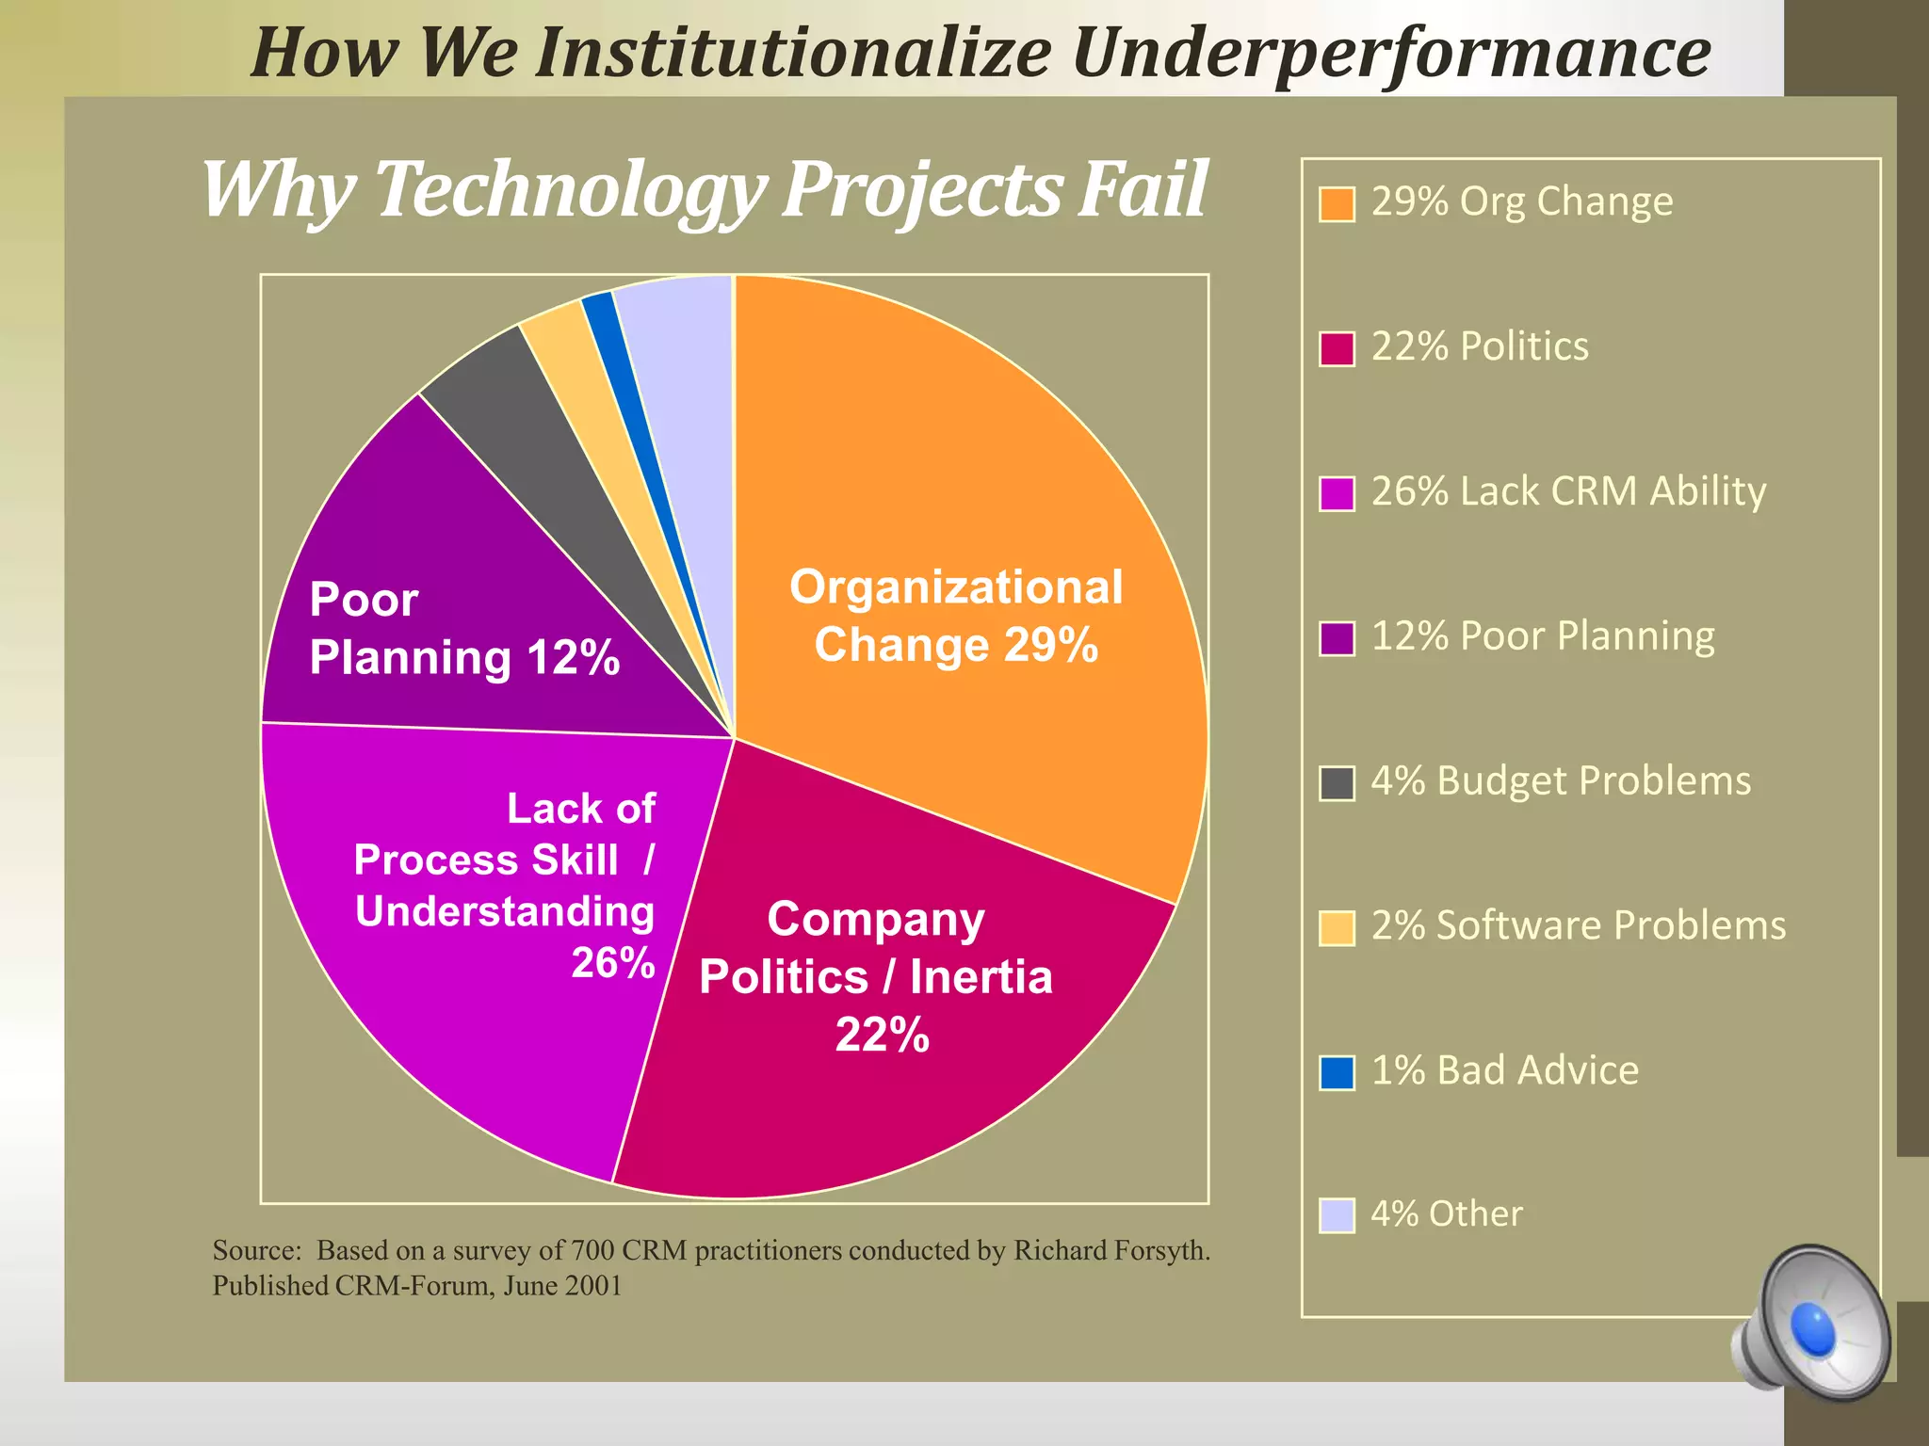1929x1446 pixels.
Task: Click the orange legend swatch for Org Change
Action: pyautogui.click(x=1337, y=203)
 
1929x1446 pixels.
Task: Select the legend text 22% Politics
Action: pyautogui.click(x=1479, y=346)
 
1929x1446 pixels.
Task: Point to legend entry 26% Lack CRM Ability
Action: pyautogui.click(x=1567, y=491)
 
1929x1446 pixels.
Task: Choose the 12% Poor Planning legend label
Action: pyautogui.click(x=1542, y=636)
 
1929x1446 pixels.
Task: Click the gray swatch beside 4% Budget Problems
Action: pyautogui.click(x=1337, y=782)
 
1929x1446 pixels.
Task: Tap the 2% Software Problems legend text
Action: pyautogui.click(x=1578, y=925)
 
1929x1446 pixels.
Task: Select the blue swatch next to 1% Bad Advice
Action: pyautogui.click(x=1337, y=1071)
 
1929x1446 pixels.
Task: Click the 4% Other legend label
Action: pyautogui.click(x=1446, y=1214)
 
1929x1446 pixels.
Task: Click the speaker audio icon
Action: pyautogui.click(x=1813, y=1323)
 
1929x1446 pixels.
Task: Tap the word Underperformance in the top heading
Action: pyautogui.click(x=1390, y=52)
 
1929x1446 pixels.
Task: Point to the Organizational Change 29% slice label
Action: pyautogui.click(x=956, y=616)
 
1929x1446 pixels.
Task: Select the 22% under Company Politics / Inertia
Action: pyautogui.click(x=882, y=1035)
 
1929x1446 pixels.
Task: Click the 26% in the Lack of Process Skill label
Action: pyautogui.click(x=612, y=963)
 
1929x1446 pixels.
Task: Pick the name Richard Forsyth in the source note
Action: pyautogui.click(x=1110, y=1250)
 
